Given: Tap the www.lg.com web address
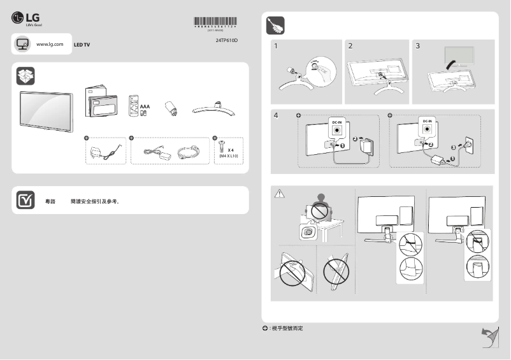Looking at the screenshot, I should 50,44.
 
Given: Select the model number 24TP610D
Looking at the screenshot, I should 227,41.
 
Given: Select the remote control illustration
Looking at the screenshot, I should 134,105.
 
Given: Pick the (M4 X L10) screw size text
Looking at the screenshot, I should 227,155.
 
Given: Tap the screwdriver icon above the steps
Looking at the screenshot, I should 275,26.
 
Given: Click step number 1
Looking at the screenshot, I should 276,47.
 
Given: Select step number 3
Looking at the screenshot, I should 418,47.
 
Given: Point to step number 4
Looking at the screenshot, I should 276,116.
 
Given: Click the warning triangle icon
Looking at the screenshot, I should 278,194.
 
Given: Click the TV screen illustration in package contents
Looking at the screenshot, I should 46,110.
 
